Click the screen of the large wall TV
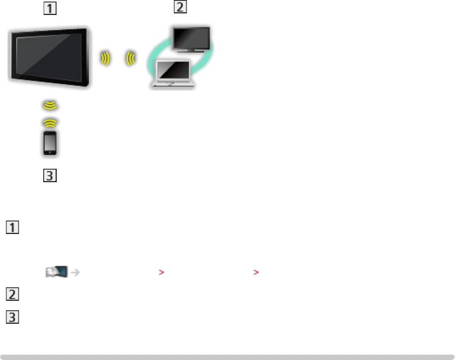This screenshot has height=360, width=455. pos(48,58)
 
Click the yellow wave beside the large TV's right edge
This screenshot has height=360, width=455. pos(105,58)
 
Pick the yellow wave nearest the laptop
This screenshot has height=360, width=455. pos(129,58)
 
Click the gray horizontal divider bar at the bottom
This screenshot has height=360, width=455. pos(227,355)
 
